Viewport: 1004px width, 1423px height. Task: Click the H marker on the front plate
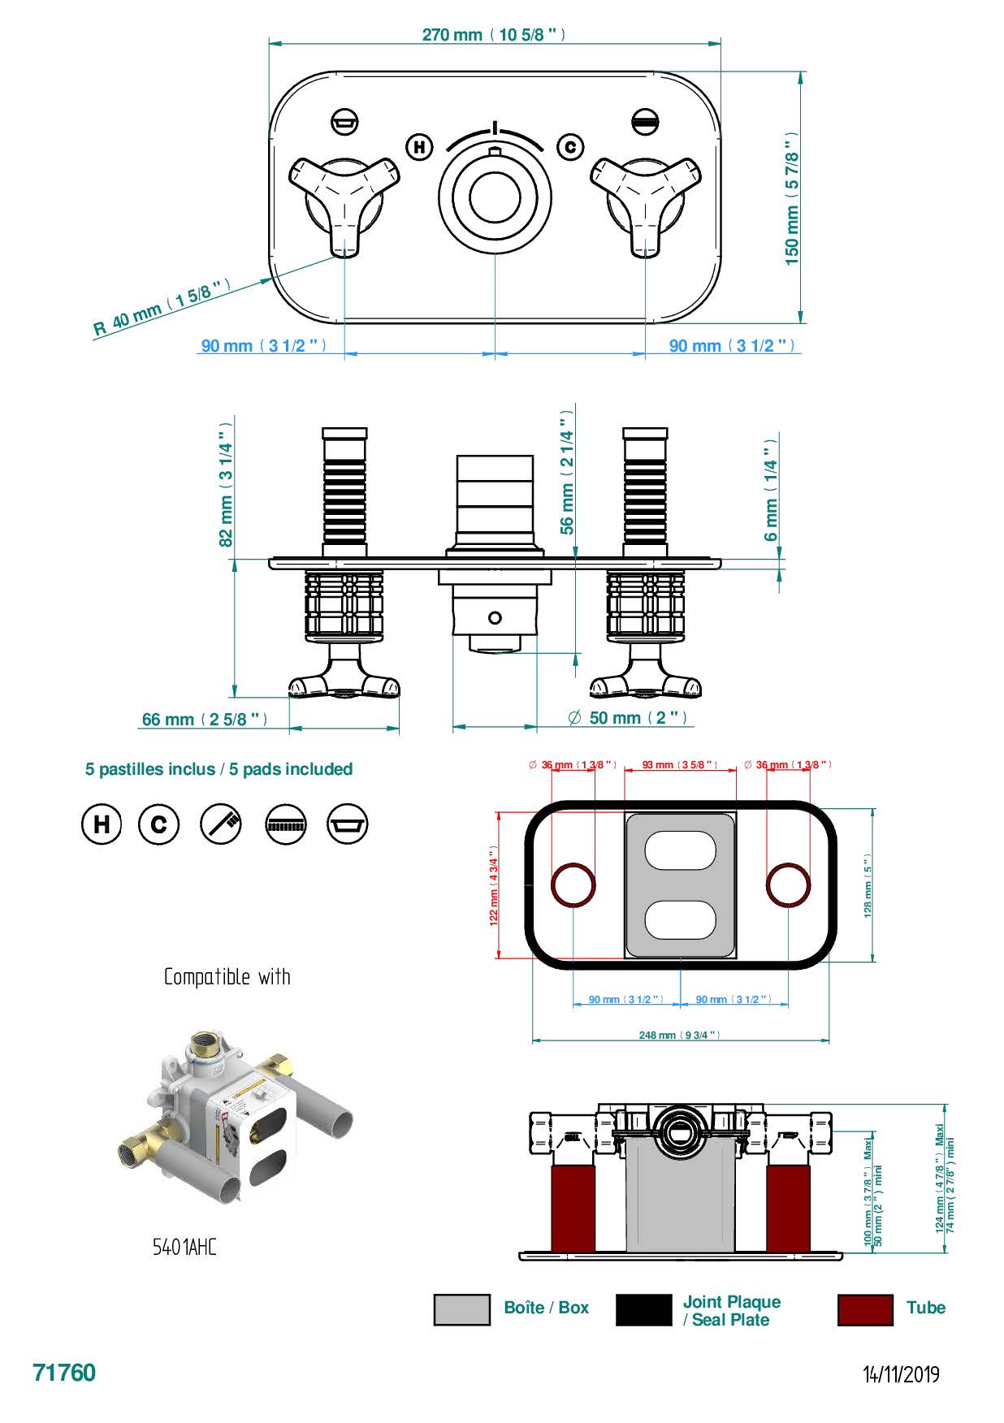point(419,147)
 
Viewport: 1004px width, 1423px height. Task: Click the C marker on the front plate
point(570,147)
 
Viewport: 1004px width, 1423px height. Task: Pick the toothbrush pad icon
point(221,824)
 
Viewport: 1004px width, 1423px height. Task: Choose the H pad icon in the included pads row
point(102,824)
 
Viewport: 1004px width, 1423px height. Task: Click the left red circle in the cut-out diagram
point(573,885)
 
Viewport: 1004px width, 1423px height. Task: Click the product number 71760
point(64,1373)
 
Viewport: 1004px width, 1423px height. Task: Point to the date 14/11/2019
point(901,1374)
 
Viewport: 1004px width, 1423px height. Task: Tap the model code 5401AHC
point(184,1248)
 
